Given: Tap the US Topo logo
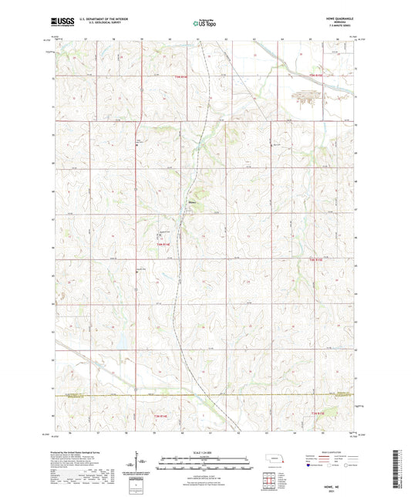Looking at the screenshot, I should click(x=204, y=24).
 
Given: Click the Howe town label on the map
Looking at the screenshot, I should click(x=192, y=203).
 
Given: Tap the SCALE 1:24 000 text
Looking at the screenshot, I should click(x=205, y=452).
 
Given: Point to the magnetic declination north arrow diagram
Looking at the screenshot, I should click(x=138, y=466).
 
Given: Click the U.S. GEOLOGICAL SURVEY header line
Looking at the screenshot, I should click(x=97, y=25).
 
